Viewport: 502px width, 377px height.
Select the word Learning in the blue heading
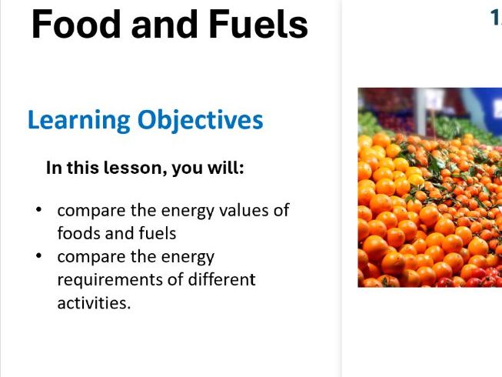click(78, 121)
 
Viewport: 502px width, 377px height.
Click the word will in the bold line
click(226, 167)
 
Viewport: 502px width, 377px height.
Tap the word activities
click(94, 302)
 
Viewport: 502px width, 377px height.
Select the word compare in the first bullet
click(86, 211)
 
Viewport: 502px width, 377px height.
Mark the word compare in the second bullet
click(86, 257)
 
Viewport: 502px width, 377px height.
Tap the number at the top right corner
click(496, 18)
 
